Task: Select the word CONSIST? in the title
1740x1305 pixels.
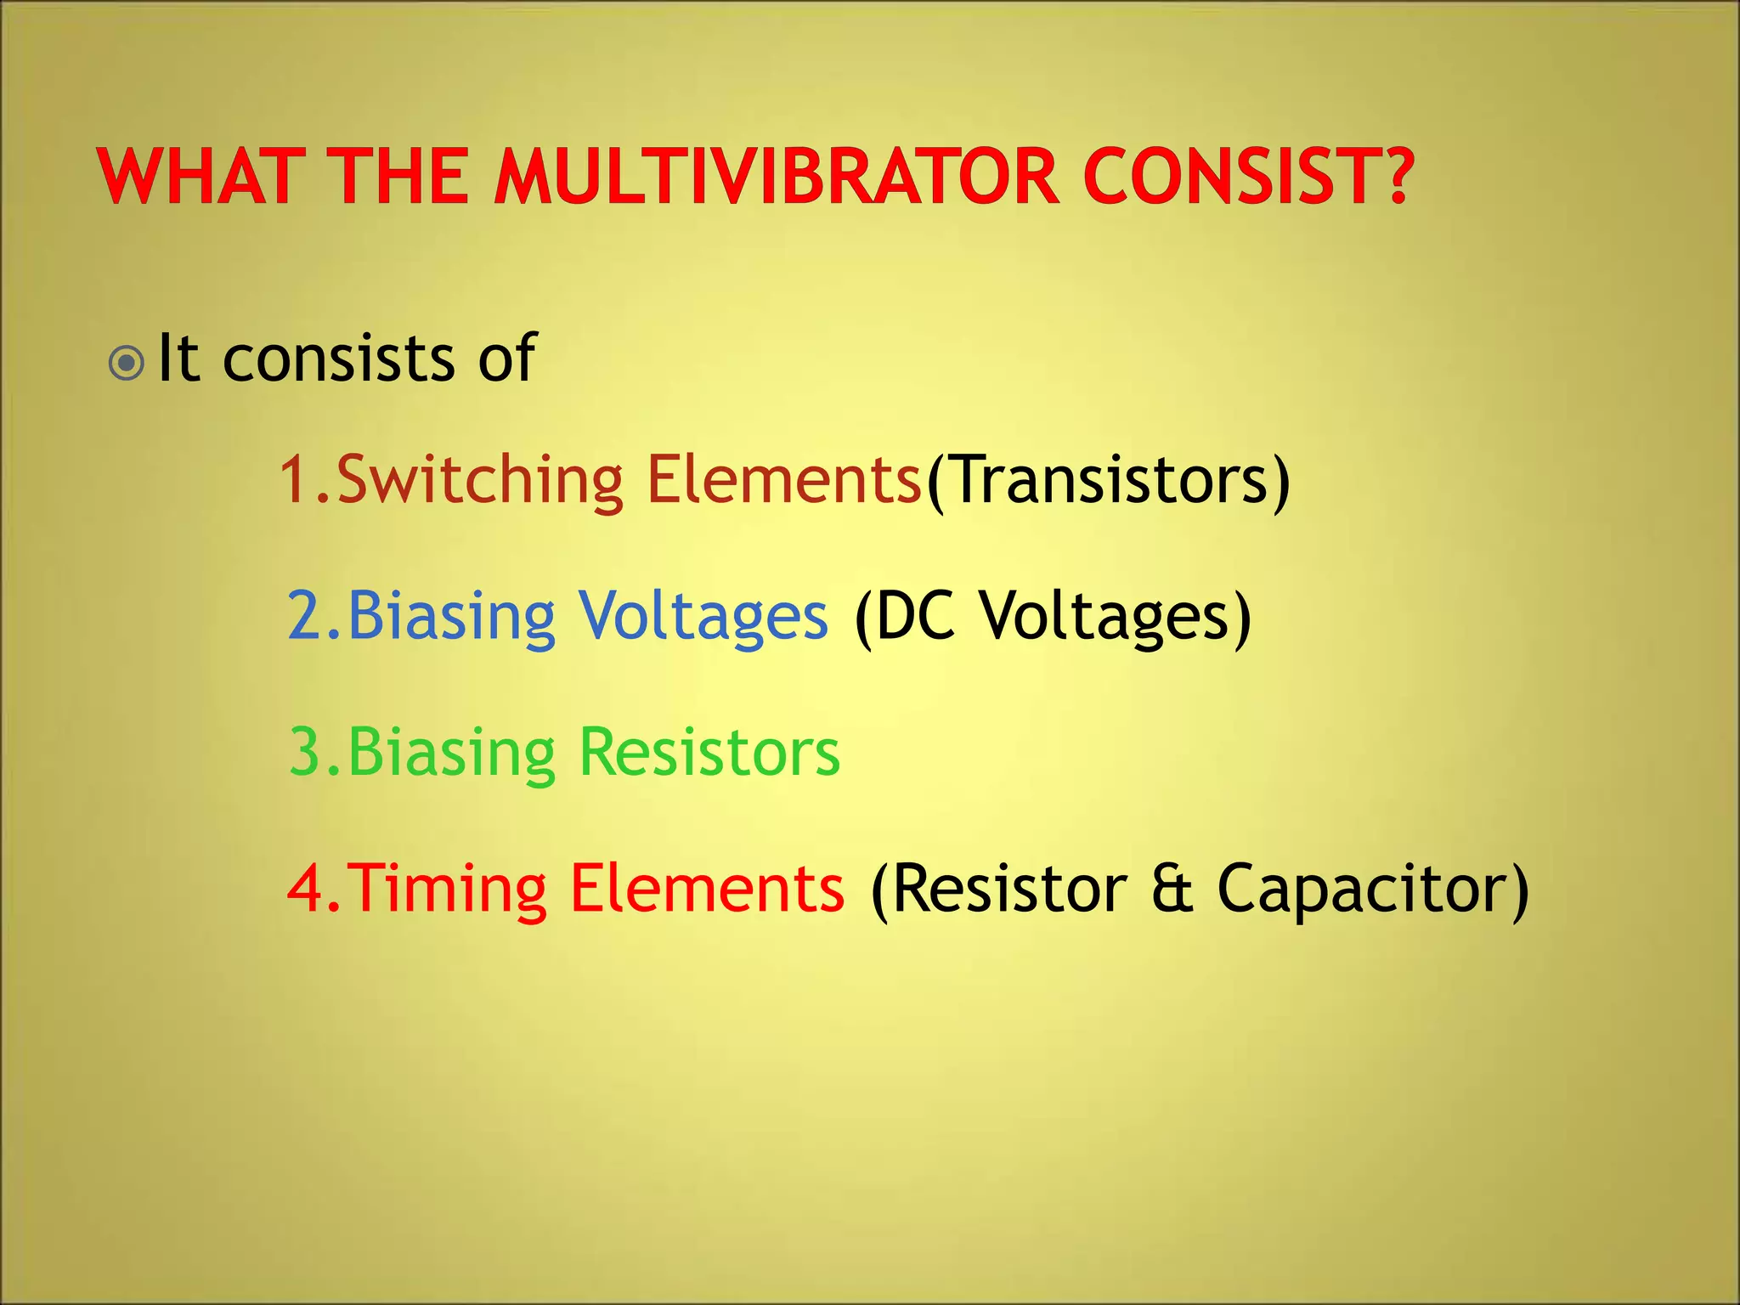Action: [1248, 177]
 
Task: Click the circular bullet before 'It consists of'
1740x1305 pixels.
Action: [127, 364]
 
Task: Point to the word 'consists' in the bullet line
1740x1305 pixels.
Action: [339, 359]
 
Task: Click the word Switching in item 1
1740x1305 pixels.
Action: [480, 481]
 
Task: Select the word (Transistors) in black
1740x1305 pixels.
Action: [1108, 481]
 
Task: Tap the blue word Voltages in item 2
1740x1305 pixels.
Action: [703, 616]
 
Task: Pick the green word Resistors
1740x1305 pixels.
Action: [709, 753]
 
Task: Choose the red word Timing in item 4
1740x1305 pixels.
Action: [448, 889]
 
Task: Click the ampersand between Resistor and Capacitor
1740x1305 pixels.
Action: [1172, 889]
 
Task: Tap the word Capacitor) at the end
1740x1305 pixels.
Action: [1373, 889]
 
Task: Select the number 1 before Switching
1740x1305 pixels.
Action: [295, 481]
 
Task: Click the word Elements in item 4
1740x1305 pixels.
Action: [707, 889]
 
